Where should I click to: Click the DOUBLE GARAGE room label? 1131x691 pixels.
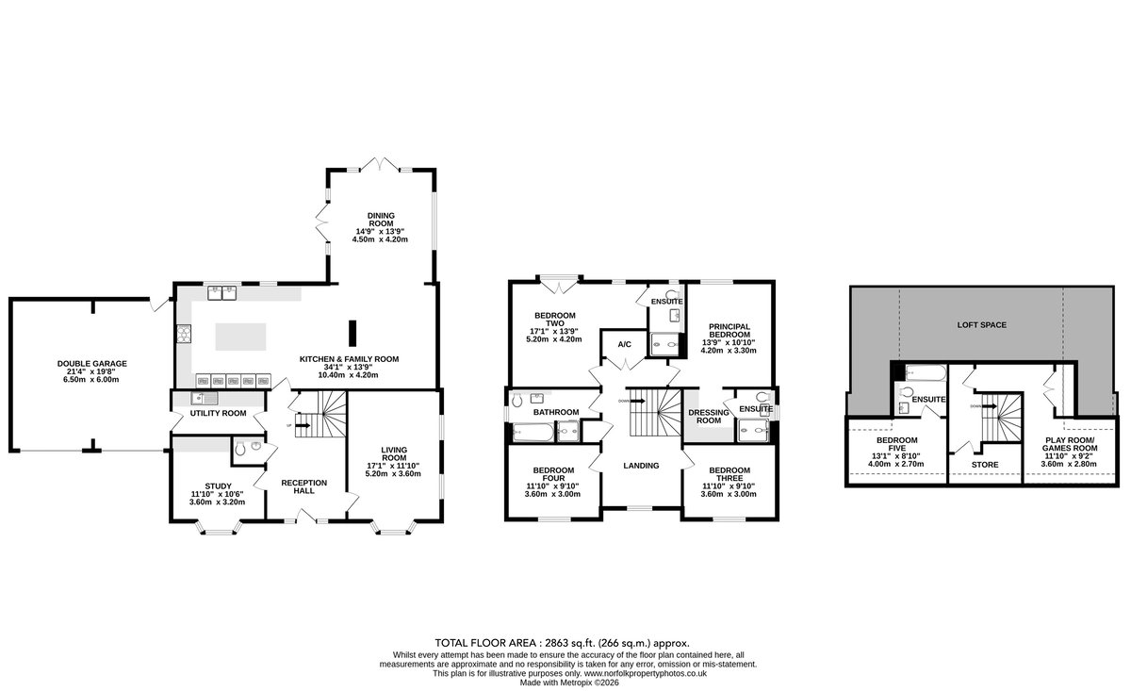point(92,364)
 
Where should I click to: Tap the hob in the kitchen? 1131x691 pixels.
point(184,334)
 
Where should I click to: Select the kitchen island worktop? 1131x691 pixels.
point(241,337)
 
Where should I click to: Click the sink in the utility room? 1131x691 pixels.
point(205,399)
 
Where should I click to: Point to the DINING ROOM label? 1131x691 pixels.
point(381,220)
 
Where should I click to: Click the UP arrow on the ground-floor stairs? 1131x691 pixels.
point(303,426)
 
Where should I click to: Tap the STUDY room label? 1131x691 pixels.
point(218,485)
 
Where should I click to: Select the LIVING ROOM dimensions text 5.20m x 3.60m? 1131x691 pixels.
point(393,474)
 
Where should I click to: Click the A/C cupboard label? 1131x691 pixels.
point(625,344)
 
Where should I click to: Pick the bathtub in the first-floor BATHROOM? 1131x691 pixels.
point(533,433)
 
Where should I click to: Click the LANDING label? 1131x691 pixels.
point(641,466)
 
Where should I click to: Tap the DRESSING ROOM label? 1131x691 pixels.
point(709,417)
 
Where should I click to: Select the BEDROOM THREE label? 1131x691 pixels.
point(729,474)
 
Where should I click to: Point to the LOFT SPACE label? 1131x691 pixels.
point(982,325)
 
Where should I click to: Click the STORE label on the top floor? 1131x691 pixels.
point(985,465)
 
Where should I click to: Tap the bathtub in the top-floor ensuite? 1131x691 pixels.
point(926,372)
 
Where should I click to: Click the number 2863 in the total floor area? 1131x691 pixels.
point(556,643)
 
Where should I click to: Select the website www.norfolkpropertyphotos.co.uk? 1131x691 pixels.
point(646,673)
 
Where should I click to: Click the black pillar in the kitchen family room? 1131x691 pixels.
point(352,334)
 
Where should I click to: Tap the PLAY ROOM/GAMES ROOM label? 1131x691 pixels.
point(1070,444)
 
